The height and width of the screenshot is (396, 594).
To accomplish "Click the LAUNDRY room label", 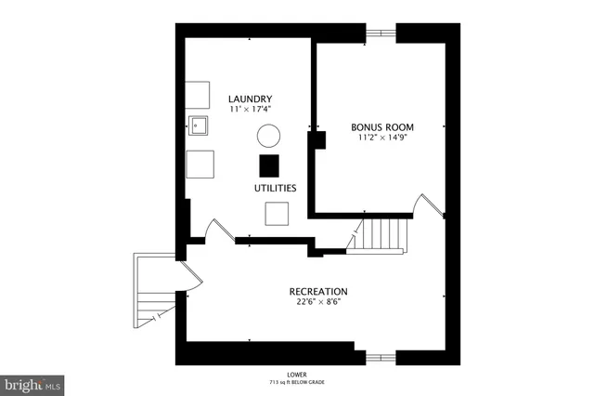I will click(250, 99).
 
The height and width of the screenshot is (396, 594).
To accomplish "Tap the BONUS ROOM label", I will click(381, 126).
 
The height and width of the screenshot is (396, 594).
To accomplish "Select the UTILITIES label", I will click(276, 188).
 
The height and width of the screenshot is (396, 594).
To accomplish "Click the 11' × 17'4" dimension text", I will click(250, 110).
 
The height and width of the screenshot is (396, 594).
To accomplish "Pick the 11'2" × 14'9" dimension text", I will click(381, 138).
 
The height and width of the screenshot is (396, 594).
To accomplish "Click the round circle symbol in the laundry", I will click(267, 136).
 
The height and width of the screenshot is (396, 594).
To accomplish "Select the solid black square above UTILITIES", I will click(268, 165).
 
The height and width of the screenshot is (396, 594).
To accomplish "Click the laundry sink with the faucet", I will click(198, 125).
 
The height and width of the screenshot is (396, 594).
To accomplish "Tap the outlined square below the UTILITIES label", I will click(277, 213).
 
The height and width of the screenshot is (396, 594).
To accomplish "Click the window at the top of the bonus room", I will click(381, 34).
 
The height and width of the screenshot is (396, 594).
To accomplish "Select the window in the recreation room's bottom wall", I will click(381, 356).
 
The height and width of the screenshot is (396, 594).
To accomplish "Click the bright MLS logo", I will click(32, 383).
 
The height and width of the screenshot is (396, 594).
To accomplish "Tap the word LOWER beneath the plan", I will click(297, 374).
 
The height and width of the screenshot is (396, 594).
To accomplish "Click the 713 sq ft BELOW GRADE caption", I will click(297, 382).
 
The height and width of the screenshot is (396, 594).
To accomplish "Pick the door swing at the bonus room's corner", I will click(429, 206).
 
